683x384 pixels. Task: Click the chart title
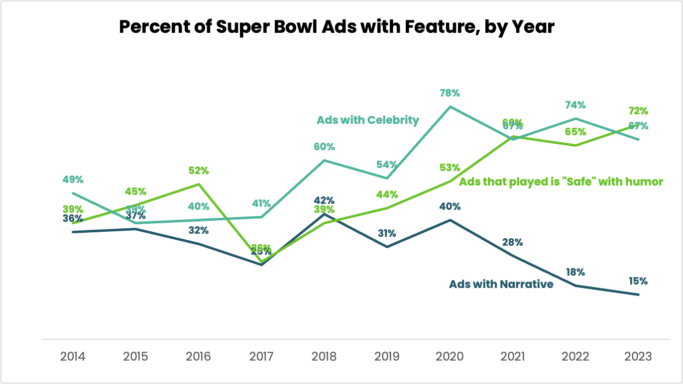337,27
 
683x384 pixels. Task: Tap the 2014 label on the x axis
73,356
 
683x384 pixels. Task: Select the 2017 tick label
261,356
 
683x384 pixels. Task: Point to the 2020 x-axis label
450,356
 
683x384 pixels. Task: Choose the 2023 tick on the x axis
638,356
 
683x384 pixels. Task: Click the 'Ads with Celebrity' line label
368,120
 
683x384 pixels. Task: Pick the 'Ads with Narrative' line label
501,284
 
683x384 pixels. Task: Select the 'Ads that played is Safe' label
561,182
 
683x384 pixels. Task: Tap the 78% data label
450,93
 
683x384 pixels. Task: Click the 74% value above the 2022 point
575,105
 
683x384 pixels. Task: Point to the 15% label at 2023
638,281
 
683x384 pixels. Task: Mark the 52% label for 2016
199,171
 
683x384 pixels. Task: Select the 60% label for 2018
324,147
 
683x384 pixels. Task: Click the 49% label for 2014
73,180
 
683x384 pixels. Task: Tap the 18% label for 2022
575,272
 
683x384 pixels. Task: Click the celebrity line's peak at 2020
450,106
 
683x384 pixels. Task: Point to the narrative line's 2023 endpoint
638,294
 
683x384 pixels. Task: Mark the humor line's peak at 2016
199,184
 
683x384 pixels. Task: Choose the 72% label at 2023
638,111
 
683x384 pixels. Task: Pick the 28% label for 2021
513,242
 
